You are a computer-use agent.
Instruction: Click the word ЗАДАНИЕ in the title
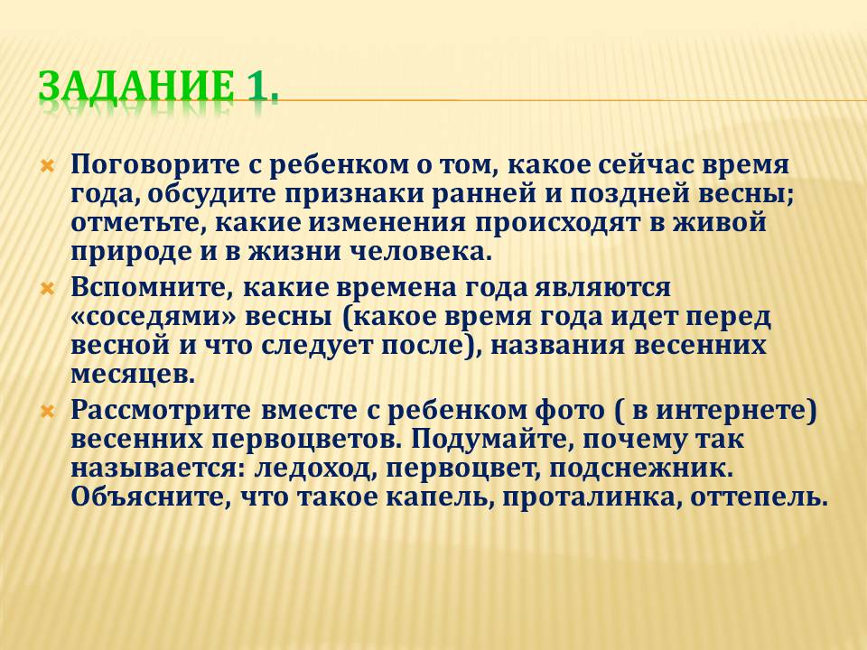tap(135, 86)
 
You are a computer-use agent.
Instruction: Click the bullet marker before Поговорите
tap(47, 166)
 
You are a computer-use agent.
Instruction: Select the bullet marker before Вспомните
tap(47, 289)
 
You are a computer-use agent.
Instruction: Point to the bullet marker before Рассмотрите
tap(47, 412)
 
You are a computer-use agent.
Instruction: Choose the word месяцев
tap(133, 375)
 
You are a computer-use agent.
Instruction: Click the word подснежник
tap(641, 469)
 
